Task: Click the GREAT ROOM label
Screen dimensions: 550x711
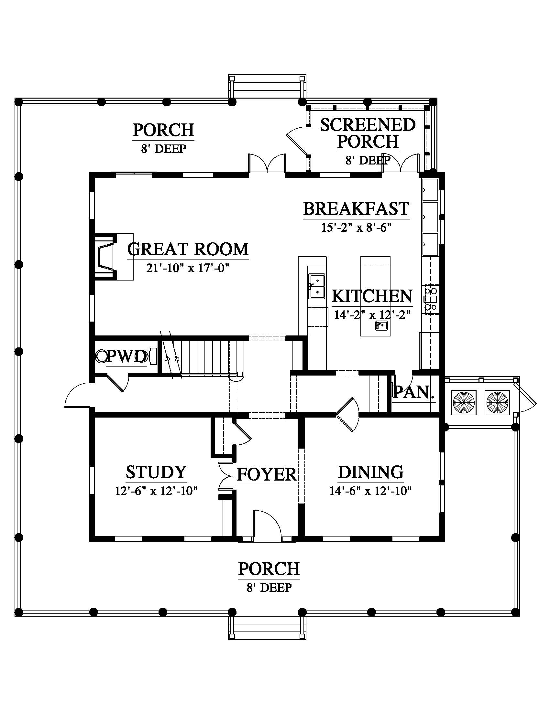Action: coord(188,249)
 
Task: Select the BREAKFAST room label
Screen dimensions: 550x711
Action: coord(356,209)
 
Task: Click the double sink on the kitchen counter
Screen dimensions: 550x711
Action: coord(317,286)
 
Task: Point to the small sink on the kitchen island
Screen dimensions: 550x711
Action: coord(381,325)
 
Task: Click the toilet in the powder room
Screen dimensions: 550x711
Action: coord(102,356)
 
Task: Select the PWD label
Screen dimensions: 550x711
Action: coord(127,357)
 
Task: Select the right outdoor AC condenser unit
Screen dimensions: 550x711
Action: coord(497,402)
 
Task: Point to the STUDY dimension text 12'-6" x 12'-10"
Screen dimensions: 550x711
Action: coord(156,491)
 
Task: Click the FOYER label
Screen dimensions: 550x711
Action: coord(267,474)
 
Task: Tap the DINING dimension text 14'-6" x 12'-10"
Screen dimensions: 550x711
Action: coord(370,491)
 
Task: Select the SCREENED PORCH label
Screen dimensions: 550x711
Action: coord(368,133)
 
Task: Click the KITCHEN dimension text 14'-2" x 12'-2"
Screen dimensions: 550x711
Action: coord(372,315)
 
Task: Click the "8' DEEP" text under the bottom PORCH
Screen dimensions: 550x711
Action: coord(269,588)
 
